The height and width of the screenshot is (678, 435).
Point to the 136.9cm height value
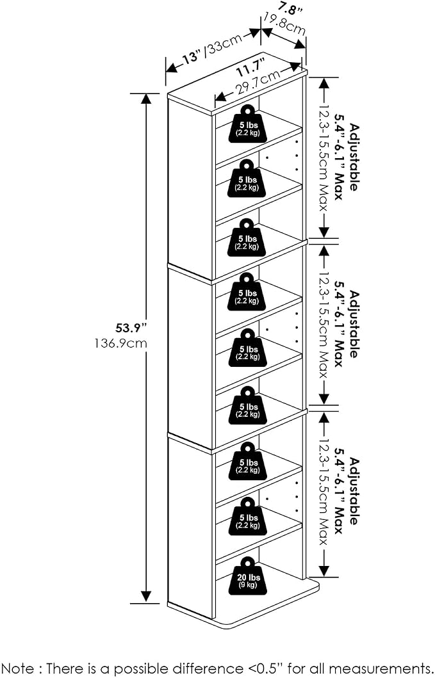(120, 343)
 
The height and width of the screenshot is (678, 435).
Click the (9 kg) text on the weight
(248, 585)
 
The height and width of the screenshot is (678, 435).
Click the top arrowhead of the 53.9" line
(146, 98)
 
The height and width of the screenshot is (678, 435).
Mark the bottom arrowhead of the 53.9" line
(146, 597)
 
